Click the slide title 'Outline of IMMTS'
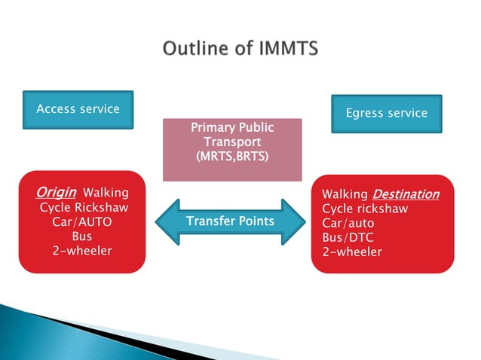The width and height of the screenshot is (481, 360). [x=240, y=49]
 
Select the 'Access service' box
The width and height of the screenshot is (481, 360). [x=78, y=109]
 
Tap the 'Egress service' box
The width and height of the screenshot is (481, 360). [x=386, y=114]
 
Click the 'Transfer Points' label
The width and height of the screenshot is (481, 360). [x=230, y=221]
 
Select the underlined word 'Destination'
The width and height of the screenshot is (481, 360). [x=406, y=194]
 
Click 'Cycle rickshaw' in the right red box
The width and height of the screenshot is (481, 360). [x=365, y=209]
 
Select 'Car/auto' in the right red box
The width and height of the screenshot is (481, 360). [x=348, y=223]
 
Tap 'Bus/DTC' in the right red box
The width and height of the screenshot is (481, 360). [x=348, y=237]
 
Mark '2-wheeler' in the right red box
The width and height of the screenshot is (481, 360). [x=351, y=252]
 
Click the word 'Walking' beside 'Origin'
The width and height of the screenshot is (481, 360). [x=106, y=194]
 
